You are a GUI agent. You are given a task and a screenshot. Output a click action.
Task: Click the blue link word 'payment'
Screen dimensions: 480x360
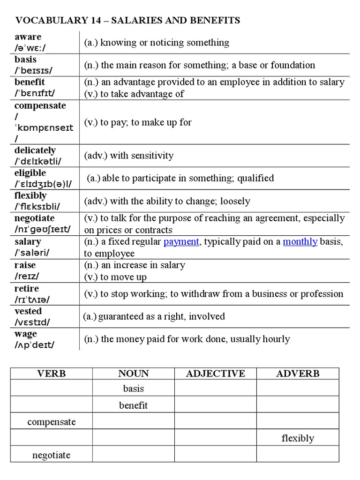click(181, 242)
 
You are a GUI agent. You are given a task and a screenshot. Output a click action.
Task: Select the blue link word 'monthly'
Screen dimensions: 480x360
click(300, 242)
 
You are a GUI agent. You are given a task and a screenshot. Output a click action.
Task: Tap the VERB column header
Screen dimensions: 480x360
click(51, 374)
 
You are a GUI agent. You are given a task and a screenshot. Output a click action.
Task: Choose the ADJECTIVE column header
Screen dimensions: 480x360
click(215, 374)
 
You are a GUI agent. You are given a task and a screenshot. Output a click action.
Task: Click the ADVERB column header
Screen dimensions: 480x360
click(298, 374)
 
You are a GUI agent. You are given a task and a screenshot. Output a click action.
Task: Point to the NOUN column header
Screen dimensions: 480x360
click(133, 374)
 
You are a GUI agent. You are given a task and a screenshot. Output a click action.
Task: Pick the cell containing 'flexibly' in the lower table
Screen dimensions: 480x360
click(298, 438)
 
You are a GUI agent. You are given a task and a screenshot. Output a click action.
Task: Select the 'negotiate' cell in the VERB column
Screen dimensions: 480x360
click(51, 455)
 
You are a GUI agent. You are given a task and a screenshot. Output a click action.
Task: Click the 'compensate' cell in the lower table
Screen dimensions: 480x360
click(51, 422)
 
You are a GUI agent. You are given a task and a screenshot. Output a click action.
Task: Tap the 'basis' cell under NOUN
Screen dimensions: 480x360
click(133, 389)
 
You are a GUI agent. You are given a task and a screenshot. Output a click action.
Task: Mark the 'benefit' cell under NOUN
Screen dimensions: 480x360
click(133, 405)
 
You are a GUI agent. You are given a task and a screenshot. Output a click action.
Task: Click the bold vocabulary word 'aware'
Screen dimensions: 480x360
click(28, 37)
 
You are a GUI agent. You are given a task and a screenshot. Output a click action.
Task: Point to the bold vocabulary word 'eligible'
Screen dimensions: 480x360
click(30, 173)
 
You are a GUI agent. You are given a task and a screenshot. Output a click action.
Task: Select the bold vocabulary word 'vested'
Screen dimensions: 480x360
click(28, 311)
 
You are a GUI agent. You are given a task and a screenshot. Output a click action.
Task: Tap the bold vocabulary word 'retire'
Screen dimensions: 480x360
click(27, 288)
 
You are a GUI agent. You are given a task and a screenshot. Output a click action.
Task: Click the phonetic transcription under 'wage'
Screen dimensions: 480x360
click(34, 345)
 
